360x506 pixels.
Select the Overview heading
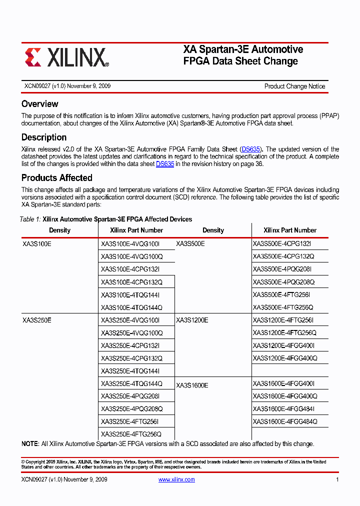40,104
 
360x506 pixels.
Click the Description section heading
44,137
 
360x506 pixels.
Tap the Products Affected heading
56,178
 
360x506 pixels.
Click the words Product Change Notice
294,86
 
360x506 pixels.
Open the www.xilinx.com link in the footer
176,479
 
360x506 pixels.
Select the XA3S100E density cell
37,243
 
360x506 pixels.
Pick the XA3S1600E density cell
192,385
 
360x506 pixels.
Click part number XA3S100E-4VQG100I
130,243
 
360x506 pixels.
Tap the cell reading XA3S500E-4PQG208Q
283,282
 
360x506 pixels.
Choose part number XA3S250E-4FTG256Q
131,434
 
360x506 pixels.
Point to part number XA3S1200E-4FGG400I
283,345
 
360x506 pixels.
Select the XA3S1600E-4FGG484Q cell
284,421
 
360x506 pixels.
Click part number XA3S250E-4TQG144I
130,371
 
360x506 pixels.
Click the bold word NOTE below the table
30,444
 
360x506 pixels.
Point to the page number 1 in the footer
337,479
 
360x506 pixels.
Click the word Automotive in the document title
277,49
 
